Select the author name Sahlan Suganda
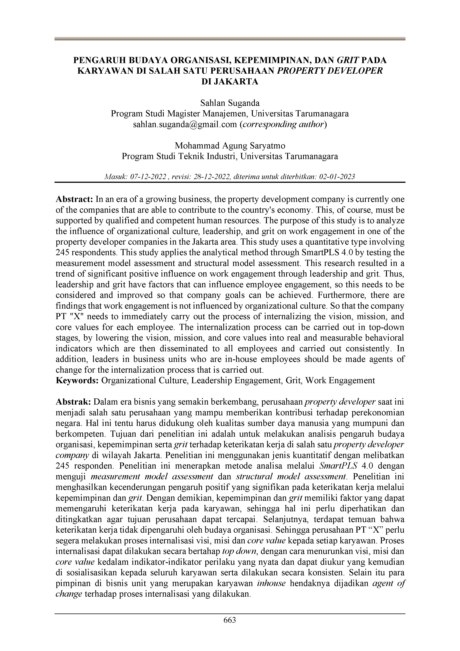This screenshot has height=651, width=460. (x=230, y=103)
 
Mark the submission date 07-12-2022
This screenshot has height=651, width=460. (x=148, y=177)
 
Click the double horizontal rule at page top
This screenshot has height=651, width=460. (x=230, y=39)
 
